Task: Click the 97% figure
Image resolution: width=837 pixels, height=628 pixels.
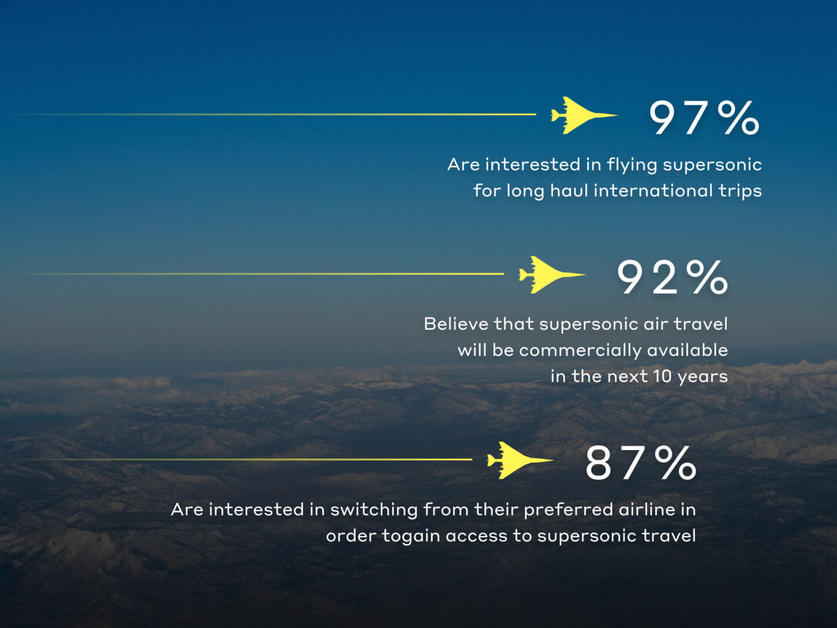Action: pyautogui.click(x=704, y=118)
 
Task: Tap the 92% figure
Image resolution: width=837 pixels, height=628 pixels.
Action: pyautogui.click(x=672, y=277)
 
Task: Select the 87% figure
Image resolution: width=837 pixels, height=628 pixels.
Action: pyautogui.click(x=641, y=463)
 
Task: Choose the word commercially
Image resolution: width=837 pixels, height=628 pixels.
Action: pyautogui.click(x=580, y=351)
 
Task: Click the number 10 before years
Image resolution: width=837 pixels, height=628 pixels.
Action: pyautogui.click(x=663, y=377)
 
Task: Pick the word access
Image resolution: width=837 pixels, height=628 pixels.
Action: pyautogui.click(x=476, y=537)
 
